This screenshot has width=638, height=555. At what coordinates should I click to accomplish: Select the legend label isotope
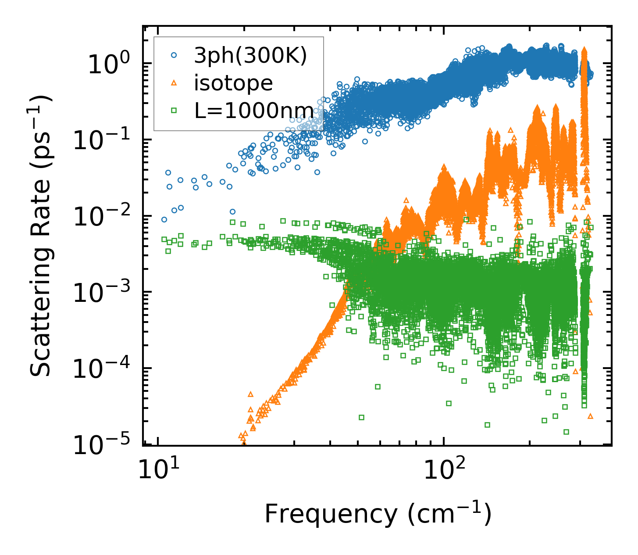click(233, 83)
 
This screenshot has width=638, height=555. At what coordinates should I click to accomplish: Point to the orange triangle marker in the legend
click(174, 82)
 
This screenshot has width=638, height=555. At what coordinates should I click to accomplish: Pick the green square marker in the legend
click(174, 110)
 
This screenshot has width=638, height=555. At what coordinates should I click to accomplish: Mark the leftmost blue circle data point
click(164, 219)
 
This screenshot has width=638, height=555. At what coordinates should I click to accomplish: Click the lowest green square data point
click(566, 432)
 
